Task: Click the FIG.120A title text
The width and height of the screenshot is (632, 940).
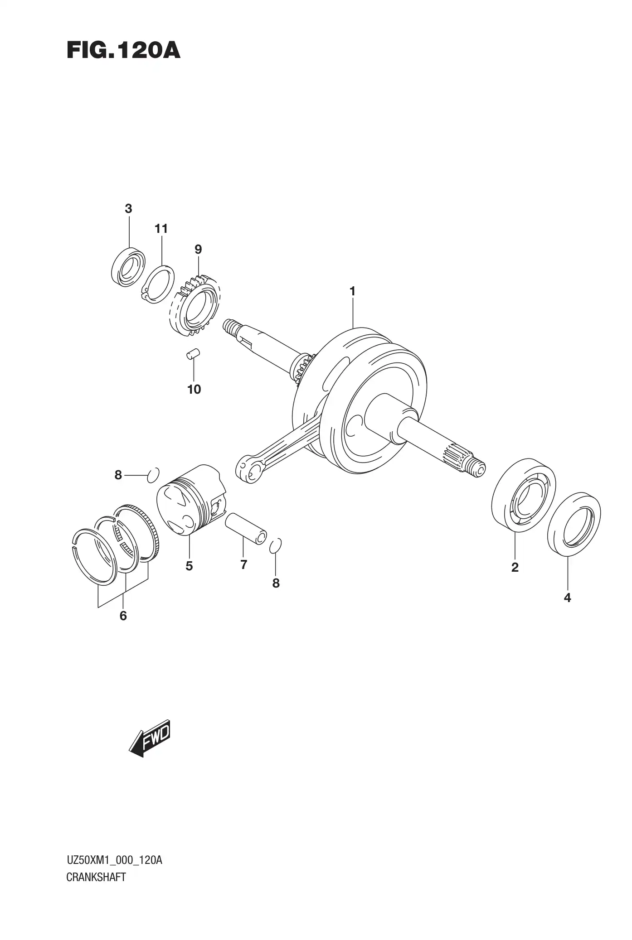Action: [123, 51]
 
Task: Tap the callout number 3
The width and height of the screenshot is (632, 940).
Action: [128, 209]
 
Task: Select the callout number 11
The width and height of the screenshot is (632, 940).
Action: [161, 229]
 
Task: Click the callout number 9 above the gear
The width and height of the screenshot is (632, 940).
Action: [198, 249]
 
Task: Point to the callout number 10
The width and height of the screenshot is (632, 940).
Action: [194, 389]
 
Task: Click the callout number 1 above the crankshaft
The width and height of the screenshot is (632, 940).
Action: [352, 291]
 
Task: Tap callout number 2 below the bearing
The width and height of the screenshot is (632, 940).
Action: [515, 567]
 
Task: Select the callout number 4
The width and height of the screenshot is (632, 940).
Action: [567, 598]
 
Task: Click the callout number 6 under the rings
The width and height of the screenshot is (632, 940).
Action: [123, 616]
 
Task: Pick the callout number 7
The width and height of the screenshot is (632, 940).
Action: [243, 564]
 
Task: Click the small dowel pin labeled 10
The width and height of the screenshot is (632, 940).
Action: [193, 354]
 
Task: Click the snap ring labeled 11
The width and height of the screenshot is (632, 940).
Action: [158, 284]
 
